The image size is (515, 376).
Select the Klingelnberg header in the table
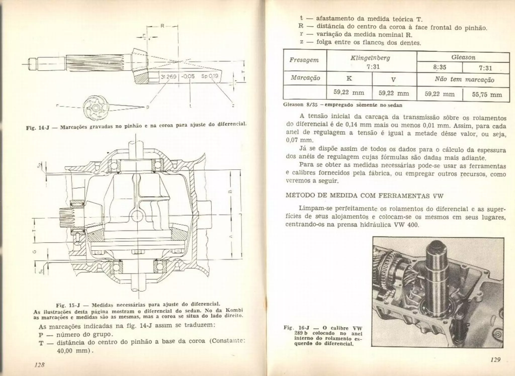370,58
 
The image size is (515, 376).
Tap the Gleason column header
463,57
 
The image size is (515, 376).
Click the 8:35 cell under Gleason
440,68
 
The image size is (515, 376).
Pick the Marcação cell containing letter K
349,78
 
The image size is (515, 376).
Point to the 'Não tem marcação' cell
464,80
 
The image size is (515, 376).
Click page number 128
39,365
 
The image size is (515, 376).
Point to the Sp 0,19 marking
209,76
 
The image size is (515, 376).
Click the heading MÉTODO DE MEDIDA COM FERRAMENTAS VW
364,196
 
